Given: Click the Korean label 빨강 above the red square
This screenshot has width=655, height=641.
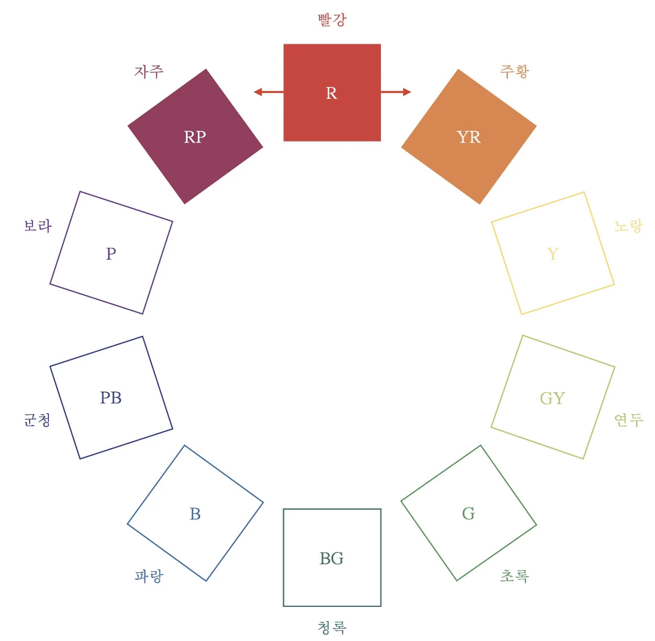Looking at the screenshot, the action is coord(332,20).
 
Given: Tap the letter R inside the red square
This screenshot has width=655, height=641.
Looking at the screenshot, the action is coord(331,93).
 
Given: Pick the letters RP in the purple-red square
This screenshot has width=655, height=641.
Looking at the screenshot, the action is coord(195,137).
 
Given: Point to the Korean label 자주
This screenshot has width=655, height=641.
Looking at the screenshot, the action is coord(149,71).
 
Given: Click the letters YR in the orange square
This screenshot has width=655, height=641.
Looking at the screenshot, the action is coord(469,137).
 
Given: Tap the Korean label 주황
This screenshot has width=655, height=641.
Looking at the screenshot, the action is coord(515,71).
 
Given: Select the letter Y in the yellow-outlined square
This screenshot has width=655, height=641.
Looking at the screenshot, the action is coord(553,253).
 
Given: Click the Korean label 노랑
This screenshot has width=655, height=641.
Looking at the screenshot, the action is coord(629,226).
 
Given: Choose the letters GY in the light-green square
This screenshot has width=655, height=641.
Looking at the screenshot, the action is coord(553,398).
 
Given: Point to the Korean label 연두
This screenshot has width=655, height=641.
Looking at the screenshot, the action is coord(629,420).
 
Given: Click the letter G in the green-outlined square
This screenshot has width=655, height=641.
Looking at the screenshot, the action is coord(469,514).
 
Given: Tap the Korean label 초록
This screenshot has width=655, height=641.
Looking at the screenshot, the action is coord(515,576).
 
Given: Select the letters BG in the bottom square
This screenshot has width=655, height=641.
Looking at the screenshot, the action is coord(331,559).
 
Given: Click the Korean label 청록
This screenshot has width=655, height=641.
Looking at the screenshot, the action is coord(332,627).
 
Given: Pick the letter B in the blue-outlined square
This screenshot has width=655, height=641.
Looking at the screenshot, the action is coord(195,514).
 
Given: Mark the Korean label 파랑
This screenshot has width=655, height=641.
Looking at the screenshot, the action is coord(149,576).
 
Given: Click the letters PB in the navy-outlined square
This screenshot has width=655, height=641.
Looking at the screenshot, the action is coord(111,398).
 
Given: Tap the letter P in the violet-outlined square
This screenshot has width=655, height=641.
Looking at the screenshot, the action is coord(111,253).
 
